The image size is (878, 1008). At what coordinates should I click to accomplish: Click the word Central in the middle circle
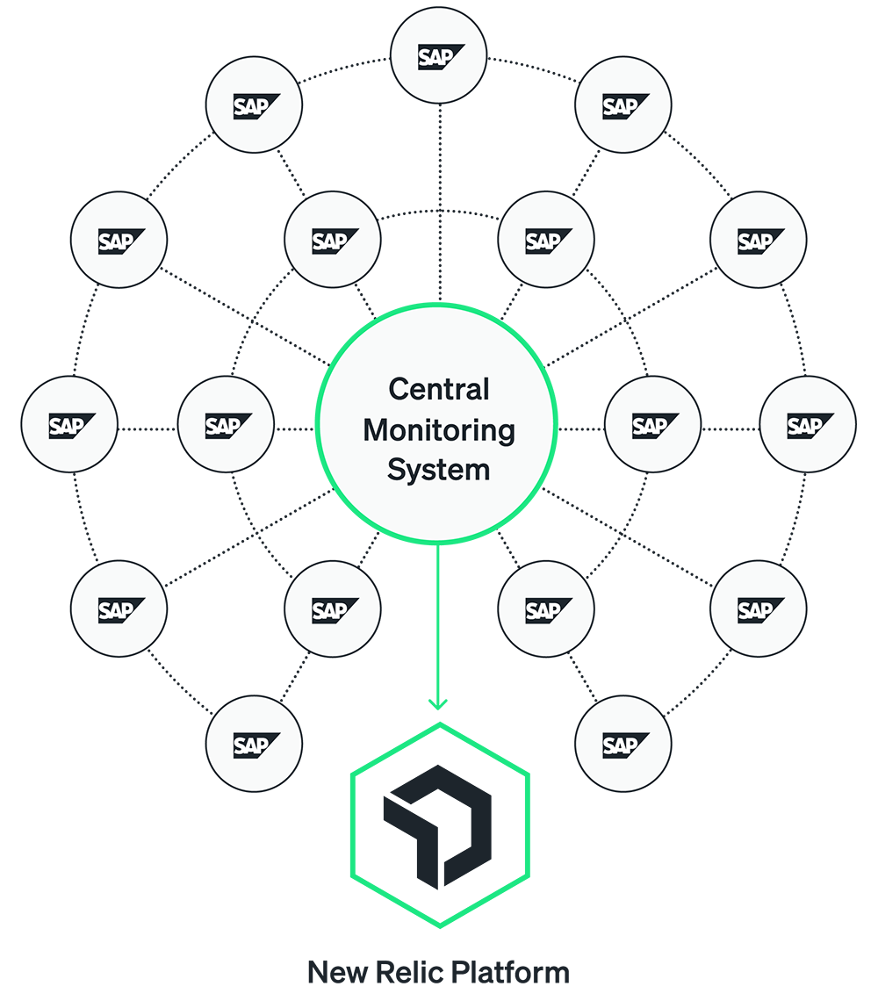point(438,388)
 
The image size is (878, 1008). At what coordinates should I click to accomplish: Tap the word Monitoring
point(438,430)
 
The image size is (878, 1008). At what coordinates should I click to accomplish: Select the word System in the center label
point(438,470)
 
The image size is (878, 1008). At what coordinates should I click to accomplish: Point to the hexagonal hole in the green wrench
point(438,825)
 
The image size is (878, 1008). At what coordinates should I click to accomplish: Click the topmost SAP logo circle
point(438,56)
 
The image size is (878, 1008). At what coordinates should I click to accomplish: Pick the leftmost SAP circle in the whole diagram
point(69,425)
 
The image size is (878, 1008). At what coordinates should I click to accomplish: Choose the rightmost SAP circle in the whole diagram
point(807,425)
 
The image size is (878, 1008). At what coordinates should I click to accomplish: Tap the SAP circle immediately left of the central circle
point(226,425)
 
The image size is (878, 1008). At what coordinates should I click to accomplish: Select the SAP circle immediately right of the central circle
point(652,425)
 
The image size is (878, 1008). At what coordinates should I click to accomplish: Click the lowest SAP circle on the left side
point(254,745)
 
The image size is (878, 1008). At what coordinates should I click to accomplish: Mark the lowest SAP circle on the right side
point(623,745)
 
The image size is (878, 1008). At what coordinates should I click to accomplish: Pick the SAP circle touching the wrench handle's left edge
point(333,609)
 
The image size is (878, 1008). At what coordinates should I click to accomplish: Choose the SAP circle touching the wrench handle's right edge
point(546,609)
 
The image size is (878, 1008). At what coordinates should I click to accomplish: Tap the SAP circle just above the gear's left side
point(333,240)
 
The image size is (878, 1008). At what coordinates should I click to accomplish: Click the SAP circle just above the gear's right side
point(546,240)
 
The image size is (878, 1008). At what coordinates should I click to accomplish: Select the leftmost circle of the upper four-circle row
point(119,240)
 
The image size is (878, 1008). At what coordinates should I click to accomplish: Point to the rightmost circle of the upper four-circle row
point(758,240)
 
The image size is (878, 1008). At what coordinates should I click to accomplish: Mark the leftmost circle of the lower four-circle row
point(119,609)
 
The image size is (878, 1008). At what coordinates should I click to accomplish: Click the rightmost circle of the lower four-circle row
point(758,609)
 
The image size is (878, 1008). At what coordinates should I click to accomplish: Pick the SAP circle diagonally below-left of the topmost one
point(254,105)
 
